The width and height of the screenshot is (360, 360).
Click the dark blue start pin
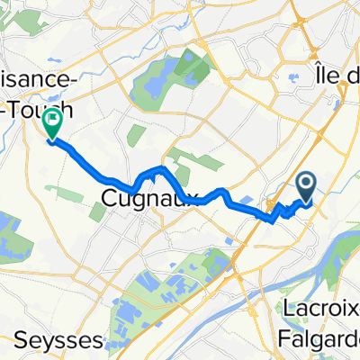(x=306, y=187)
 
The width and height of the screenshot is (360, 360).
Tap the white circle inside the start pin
(x=306, y=184)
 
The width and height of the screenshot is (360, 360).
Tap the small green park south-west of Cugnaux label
(x=96, y=211)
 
